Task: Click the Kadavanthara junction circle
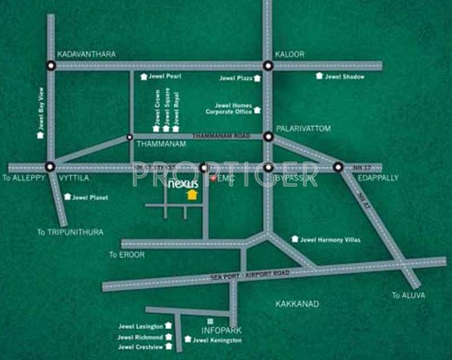(x=51, y=66)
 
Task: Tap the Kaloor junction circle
(x=268, y=66)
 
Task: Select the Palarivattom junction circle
(x=268, y=136)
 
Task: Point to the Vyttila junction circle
(x=50, y=167)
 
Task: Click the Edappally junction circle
(x=338, y=167)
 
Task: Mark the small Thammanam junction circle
(x=130, y=137)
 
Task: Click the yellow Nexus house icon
(x=192, y=195)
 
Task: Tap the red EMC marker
(x=213, y=179)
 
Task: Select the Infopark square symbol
(x=210, y=321)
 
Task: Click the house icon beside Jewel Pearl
(x=144, y=76)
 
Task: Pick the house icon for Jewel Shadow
(x=320, y=76)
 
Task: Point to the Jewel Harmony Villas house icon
(x=294, y=239)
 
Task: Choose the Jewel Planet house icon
(x=67, y=197)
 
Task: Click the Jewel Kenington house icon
(x=188, y=340)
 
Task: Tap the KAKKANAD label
(x=297, y=304)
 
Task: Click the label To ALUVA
(x=408, y=296)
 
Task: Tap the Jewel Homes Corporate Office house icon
(x=258, y=110)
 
